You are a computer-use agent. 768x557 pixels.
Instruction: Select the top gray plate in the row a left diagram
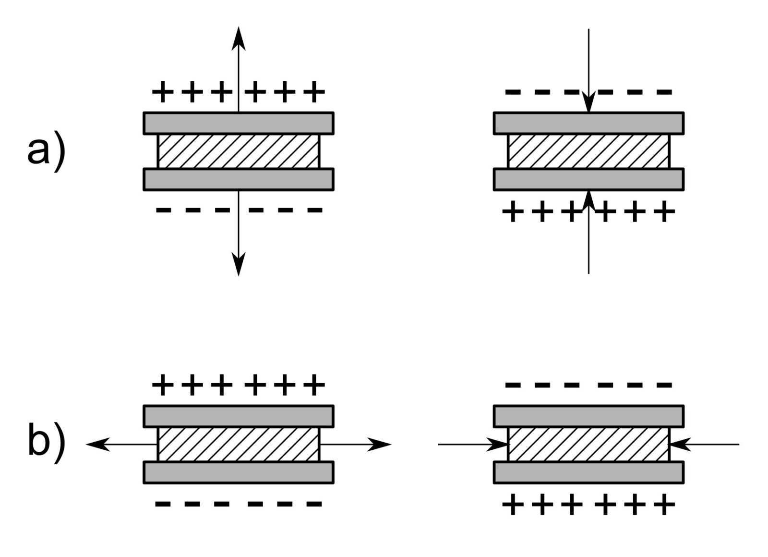coord(239,123)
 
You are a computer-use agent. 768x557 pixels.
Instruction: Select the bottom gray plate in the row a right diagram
coord(588,179)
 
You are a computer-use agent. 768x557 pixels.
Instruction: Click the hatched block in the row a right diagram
coord(588,151)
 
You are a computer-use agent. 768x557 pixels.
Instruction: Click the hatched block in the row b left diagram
coord(239,444)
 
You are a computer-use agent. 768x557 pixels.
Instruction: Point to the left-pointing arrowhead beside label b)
coord(96,445)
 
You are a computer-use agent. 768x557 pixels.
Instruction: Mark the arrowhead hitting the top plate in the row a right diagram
coord(589,104)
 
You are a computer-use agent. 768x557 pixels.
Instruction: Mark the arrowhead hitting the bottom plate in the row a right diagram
coord(589,199)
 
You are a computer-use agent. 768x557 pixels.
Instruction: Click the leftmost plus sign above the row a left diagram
coord(162,91)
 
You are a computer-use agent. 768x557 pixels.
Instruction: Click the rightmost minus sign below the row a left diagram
coord(314,210)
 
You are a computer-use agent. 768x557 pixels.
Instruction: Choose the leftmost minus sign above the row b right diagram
coord(513,385)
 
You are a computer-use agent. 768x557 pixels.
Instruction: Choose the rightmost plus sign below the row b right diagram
coord(665,505)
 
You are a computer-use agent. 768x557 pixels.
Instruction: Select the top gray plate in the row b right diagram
coord(588,416)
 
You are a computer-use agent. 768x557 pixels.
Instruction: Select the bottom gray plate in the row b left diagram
coord(239,472)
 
